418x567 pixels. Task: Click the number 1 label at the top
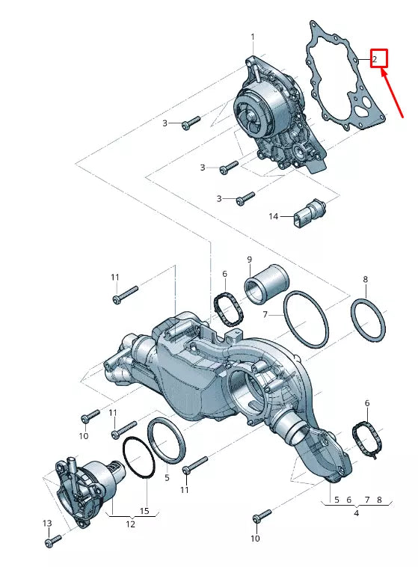[x=253, y=37]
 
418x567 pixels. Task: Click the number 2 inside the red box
[x=375, y=58]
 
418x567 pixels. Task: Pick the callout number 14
[x=274, y=217]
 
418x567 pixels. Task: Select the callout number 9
[x=250, y=260]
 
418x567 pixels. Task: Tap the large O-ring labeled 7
[x=305, y=319]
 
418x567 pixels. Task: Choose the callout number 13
[x=47, y=523]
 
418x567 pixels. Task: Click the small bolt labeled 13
[x=52, y=540]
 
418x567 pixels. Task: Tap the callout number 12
[x=130, y=524]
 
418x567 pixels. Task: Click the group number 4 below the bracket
[x=356, y=513]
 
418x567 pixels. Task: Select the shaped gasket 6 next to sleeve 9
[x=227, y=309]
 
